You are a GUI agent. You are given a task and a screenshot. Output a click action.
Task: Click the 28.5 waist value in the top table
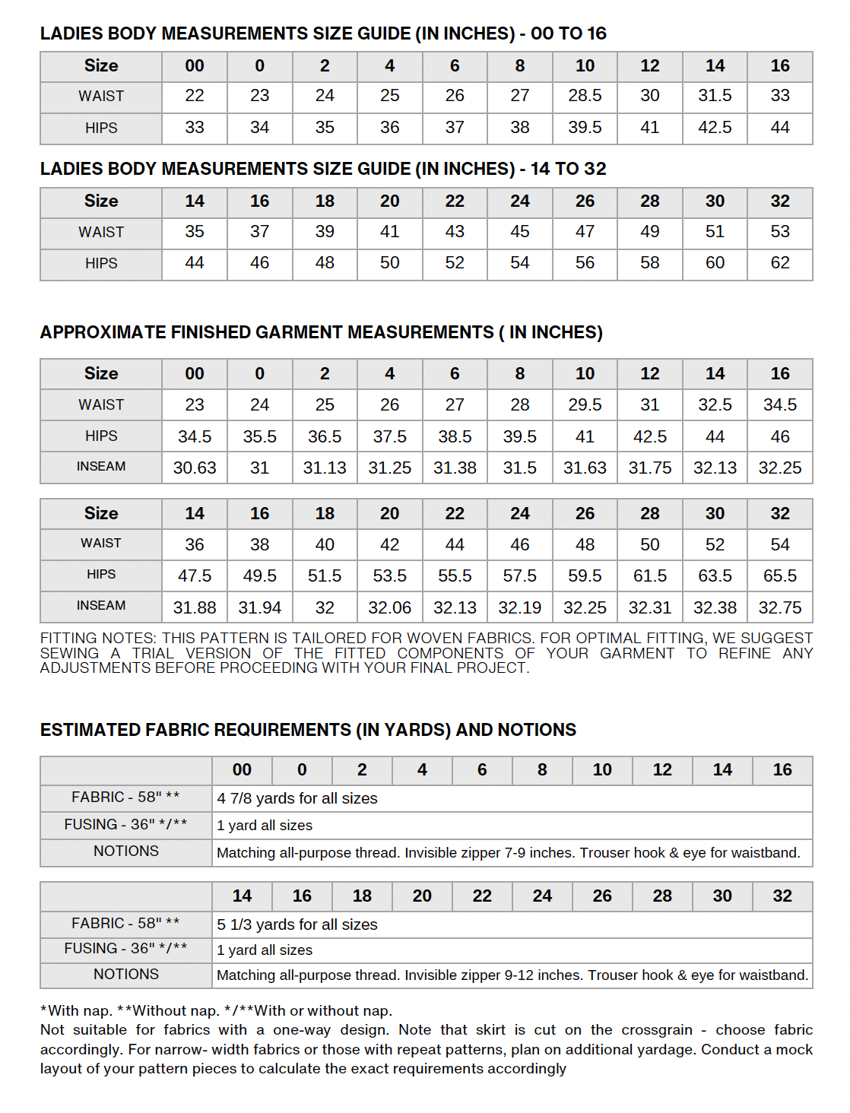click(585, 96)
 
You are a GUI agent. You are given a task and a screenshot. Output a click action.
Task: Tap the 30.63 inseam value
click(195, 468)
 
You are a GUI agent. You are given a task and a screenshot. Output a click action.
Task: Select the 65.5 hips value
click(780, 576)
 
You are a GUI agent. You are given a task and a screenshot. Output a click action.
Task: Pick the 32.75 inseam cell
click(780, 607)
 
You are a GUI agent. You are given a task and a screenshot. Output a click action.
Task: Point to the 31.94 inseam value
click(259, 607)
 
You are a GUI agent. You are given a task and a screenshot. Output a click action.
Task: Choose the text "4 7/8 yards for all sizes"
click(297, 798)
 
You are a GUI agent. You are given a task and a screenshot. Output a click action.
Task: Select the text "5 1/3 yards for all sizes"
click(297, 924)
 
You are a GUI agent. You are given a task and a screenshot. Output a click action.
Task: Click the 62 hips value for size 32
click(780, 263)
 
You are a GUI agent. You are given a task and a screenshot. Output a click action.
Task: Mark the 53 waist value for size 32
click(780, 232)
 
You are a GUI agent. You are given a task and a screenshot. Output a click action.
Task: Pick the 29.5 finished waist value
click(585, 404)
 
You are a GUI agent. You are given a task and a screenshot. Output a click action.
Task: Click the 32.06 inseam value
click(389, 607)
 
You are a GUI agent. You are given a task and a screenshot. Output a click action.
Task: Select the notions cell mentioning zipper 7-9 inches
click(508, 853)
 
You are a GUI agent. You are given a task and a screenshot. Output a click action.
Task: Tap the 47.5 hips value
click(195, 576)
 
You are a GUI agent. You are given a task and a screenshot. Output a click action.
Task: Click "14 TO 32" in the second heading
click(568, 169)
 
